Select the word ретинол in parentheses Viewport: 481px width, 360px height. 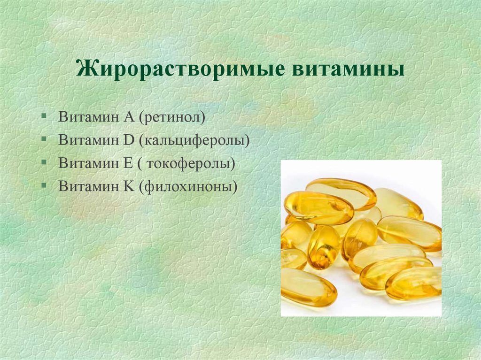click(172, 117)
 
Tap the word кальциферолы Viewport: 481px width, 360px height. click(194, 140)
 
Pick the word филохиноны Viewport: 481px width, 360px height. click(188, 186)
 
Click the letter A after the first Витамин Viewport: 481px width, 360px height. click(129, 117)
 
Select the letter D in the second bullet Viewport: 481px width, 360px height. click(129, 140)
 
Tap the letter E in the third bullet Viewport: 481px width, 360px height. click(128, 163)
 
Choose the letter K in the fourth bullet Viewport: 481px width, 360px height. click(129, 186)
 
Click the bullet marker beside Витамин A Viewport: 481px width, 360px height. click(44, 116)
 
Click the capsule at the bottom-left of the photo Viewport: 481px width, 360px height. click(308, 287)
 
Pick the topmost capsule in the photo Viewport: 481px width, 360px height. click(341, 193)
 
